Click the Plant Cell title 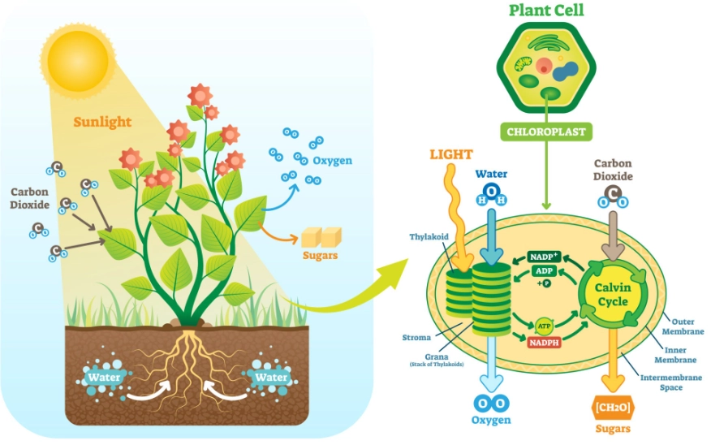[x=546, y=11]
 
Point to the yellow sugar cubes [x=321, y=236]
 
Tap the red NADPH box [x=545, y=342]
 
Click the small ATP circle [x=544, y=326]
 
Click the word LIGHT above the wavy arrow [x=450, y=153]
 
